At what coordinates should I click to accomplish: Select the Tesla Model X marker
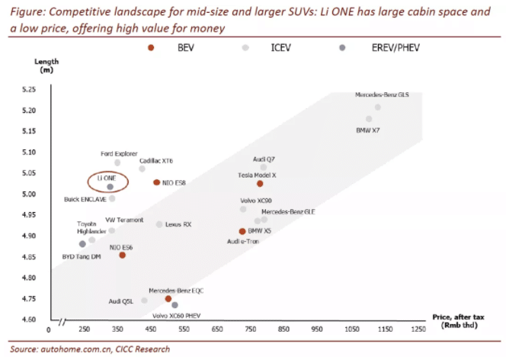260,184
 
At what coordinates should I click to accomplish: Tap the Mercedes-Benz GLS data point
378,108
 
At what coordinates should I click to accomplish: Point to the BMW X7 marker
369,119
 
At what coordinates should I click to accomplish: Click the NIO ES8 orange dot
156,182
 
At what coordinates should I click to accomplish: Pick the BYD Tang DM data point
82,244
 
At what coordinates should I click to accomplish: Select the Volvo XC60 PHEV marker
175,305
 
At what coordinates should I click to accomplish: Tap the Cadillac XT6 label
156,160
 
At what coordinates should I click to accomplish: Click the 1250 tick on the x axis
418,331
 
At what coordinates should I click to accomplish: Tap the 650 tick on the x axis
216,331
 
